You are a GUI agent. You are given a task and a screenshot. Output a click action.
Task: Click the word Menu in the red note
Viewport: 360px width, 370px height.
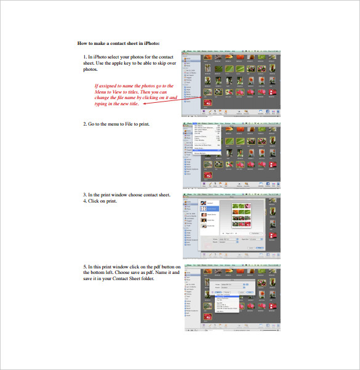pyautogui.click(x=102, y=92)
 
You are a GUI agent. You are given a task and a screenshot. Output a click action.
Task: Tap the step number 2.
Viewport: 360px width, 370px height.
pyautogui.click(x=85, y=124)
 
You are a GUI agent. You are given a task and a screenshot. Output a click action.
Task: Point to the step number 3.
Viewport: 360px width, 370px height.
pyautogui.click(x=85, y=194)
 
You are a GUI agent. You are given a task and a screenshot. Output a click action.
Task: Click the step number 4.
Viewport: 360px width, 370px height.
pyautogui.click(x=85, y=201)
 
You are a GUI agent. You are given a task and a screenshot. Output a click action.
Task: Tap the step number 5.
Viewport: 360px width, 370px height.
pyautogui.click(x=85, y=266)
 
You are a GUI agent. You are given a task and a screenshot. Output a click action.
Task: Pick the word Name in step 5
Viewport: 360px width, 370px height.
pyautogui.click(x=161, y=272)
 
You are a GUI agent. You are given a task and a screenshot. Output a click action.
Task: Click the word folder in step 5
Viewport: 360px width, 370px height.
pyautogui.click(x=146, y=278)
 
